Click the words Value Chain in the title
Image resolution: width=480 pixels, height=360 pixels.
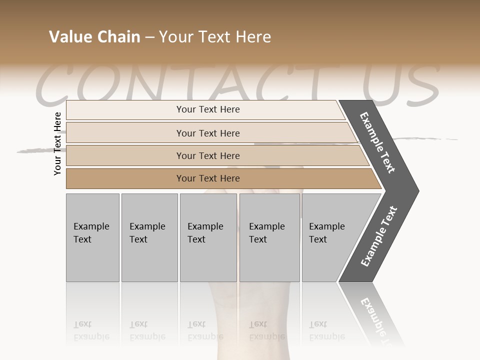click(x=94, y=37)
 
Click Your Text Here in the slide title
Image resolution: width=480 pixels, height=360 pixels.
click(x=215, y=37)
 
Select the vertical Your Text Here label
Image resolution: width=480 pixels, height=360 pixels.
click(x=58, y=143)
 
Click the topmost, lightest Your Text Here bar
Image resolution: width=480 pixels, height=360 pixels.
click(x=208, y=109)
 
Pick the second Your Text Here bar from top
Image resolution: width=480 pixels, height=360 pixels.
click(x=208, y=133)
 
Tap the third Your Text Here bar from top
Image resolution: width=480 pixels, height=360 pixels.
click(x=208, y=156)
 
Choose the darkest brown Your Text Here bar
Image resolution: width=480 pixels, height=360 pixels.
click(x=208, y=178)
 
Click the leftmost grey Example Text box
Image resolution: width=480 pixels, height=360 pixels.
click(x=92, y=237)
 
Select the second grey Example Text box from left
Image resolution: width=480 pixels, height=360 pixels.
click(x=149, y=237)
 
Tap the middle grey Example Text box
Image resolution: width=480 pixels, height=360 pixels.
click(x=208, y=237)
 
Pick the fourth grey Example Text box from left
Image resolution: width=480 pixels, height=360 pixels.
click(x=269, y=237)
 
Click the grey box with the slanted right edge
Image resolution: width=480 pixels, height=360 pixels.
click(x=330, y=237)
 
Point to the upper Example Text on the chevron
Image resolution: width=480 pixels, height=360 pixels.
click(x=377, y=142)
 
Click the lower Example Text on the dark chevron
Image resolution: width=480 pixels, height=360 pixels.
click(x=378, y=236)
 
